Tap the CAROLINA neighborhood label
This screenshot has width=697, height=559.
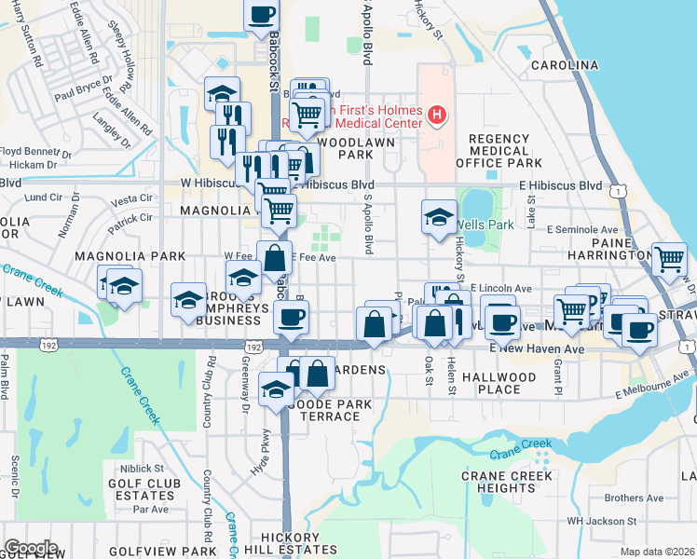(564, 65)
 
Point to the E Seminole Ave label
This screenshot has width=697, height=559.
(583, 229)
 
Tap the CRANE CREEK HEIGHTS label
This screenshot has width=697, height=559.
(511, 482)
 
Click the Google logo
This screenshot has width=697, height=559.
(31, 548)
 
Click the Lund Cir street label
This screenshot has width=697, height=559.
(43, 198)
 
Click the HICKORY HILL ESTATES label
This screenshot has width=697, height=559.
(291, 544)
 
